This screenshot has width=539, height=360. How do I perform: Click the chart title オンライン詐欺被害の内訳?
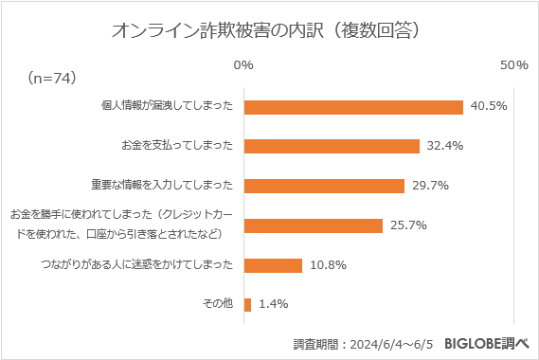[x=266, y=29]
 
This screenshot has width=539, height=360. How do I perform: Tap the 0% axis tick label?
[x=243, y=64]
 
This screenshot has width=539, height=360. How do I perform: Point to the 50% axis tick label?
[x=513, y=64]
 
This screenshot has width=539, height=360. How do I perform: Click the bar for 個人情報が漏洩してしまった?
[x=353, y=106]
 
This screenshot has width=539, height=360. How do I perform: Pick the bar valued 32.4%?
[x=332, y=146]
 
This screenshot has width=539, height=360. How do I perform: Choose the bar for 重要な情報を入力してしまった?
[x=324, y=186]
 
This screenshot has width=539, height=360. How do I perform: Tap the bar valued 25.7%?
[x=313, y=225]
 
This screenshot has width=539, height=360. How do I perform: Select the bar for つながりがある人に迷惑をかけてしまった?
[x=273, y=265]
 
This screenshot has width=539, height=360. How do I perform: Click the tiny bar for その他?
[x=247, y=305]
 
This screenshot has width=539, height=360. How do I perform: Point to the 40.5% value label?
[x=488, y=106]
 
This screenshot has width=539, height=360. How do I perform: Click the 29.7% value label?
[x=429, y=186]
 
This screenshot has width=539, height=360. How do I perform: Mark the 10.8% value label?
[x=327, y=265]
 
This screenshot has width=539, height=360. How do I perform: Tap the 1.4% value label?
[x=272, y=305]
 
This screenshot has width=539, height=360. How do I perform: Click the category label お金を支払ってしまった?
[x=177, y=146]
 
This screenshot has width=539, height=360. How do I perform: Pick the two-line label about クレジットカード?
[x=120, y=225]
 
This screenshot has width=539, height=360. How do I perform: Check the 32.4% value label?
[x=444, y=146]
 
